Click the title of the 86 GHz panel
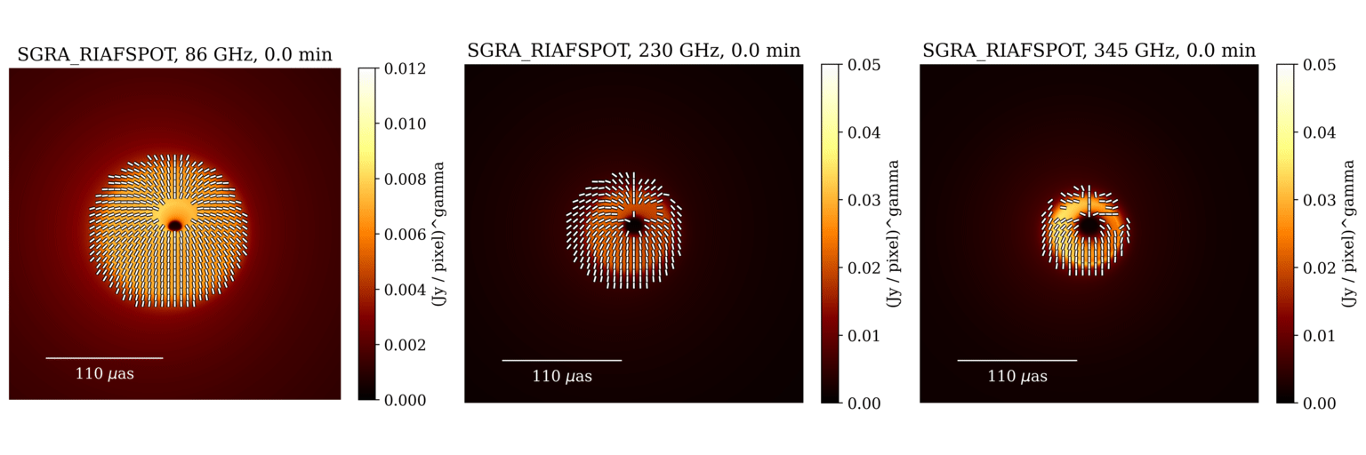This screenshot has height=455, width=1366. [x=174, y=55]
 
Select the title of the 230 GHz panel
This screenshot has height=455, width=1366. [x=633, y=51]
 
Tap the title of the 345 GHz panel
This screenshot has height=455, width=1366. [x=1089, y=51]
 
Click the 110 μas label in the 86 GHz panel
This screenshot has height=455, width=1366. [x=105, y=374]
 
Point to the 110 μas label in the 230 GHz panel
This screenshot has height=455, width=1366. [x=562, y=377]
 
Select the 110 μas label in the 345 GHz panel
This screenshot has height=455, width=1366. [x=1017, y=377]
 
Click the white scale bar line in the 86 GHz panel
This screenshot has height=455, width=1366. [x=104, y=358]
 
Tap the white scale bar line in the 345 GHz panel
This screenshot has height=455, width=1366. [x=1016, y=361]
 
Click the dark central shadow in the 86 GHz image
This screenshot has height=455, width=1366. [x=174, y=226]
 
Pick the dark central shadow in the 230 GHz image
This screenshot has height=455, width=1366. [x=633, y=227]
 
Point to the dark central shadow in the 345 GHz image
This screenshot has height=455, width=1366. [x=1089, y=227]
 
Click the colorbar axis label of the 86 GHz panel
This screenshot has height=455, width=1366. [x=438, y=234]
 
